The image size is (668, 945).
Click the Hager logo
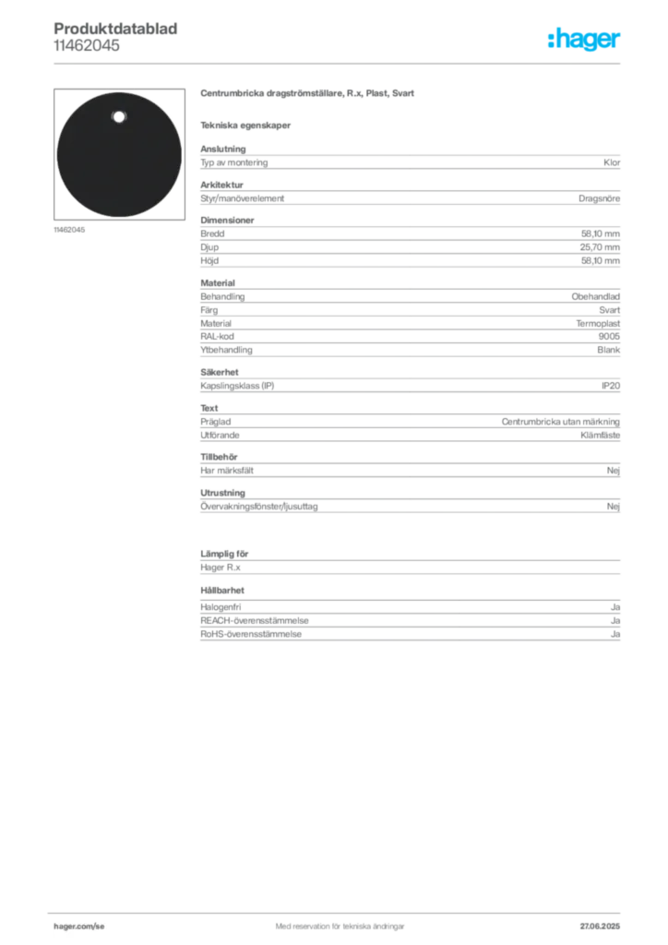pyautogui.click(x=583, y=39)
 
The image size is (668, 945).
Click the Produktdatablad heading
pyautogui.click(x=115, y=29)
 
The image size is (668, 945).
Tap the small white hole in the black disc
pyautogui.click(x=119, y=117)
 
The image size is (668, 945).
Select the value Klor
pyautogui.click(x=612, y=162)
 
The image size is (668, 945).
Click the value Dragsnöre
pyautogui.click(x=599, y=198)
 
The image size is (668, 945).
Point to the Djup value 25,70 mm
pyautogui.click(x=600, y=247)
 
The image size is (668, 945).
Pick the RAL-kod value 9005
pyautogui.click(x=609, y=336)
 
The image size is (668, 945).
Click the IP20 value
pyautogui.click(x=611, y=386)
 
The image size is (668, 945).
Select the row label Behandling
pyautogui.click(x=222, y=296)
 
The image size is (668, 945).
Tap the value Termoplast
pyautogui.click(x=598, y=324)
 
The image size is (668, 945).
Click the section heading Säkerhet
pyautogui.click(x=220, y=373)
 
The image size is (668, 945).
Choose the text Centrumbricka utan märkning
pyautogui.click(x=560, y=422)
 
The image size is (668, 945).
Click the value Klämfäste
pyautogui.click(x=600, y=436)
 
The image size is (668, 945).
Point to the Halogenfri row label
pyautogui.click(x=221, y=607)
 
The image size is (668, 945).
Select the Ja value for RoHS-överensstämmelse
pyautogui.click(x=615, y=634)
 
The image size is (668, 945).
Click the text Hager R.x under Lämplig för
pyautogui.click(x=220, y=568)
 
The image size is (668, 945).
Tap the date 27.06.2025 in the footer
pyautogui.click(x=600, y=927)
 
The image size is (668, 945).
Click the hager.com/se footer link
pyautogui.click(x=79, y=927)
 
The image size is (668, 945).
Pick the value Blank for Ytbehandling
pyautogui.click(x=608, y=350)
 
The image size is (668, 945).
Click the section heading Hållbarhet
pyautogui.click(x=222, y=591)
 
